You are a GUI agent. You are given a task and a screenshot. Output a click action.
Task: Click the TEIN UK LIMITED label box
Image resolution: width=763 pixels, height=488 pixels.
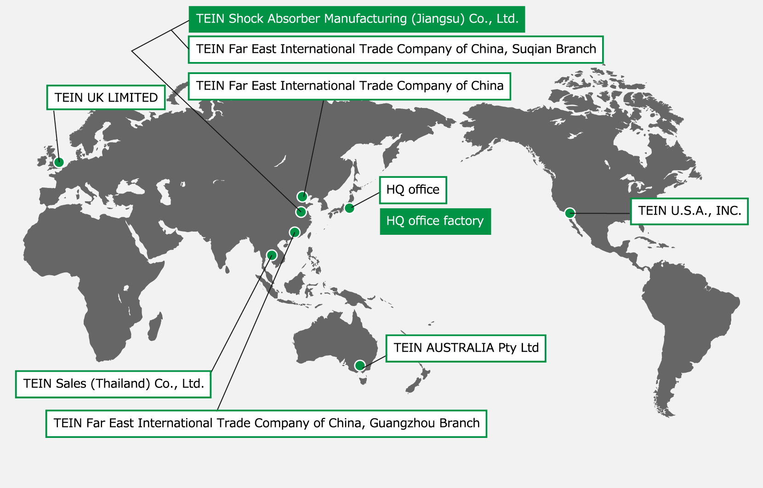point(106,97)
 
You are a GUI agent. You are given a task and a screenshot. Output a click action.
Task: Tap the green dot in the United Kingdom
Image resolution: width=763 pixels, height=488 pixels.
point(59,162)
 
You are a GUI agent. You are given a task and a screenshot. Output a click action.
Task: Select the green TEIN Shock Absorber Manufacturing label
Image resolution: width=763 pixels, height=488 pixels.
point(357,19)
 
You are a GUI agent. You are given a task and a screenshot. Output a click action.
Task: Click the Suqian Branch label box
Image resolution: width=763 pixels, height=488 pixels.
point(396,49)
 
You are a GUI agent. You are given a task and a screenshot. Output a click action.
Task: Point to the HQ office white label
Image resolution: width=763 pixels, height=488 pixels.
point(413,190)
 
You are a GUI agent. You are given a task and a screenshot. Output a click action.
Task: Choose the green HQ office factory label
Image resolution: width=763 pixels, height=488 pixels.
point(435,221)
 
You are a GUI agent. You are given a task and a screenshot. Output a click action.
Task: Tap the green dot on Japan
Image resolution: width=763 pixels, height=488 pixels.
point(349,208)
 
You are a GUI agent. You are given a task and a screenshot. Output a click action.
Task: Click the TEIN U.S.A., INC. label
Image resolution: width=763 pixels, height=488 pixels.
point(689,211)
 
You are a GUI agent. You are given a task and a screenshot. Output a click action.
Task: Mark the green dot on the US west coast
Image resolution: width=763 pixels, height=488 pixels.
point(570,213)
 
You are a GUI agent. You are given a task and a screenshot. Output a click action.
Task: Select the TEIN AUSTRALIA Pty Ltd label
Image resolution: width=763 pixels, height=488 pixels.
point(466,348)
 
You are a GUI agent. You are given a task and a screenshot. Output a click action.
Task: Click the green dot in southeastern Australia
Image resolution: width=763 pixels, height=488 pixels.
point(360,366)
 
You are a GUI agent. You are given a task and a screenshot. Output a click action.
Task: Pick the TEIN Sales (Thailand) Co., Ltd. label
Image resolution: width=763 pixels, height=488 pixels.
point(114,384)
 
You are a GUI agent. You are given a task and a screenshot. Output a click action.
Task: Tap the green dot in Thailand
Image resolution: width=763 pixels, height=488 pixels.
point(272,255)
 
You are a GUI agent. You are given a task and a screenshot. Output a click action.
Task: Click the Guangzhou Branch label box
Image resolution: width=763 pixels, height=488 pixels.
point(267,424)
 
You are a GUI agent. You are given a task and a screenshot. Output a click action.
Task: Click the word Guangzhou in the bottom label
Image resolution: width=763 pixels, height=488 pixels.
point(402,424)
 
